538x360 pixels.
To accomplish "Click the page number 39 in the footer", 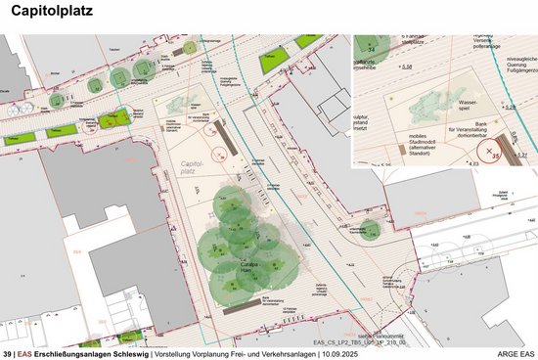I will pos(8,352).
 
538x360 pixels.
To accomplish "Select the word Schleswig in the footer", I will pos(124,352).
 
